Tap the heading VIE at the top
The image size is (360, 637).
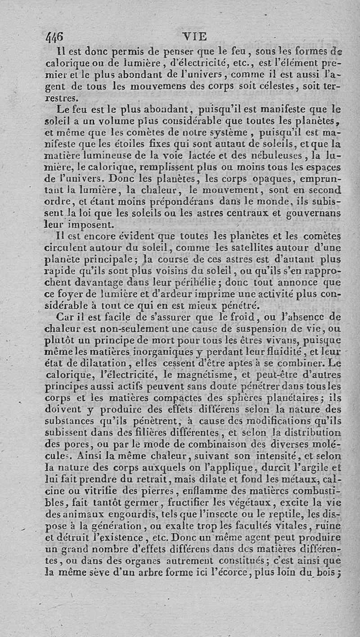click(194, 36)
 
